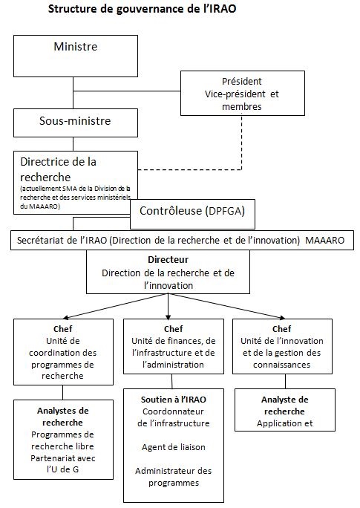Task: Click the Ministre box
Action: (76, 56)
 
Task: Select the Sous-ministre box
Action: (76, 123)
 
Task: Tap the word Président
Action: (242, 81)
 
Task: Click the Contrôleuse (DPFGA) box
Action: (192, 214)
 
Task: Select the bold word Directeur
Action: (168, 259)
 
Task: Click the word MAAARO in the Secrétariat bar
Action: (324, 241)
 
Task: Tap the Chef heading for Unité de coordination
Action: (63, 329)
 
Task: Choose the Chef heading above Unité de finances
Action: (173, 329)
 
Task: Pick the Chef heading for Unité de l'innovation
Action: (281, 329)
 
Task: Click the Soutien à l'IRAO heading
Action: (173, 400)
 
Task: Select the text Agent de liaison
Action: (173, 447)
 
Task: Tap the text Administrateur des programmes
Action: (173, 477)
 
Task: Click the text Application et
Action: (284, 423)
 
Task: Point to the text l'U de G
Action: (63, 469)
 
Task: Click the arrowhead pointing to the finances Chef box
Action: (168, 317)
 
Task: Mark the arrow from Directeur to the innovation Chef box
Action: (226, 306)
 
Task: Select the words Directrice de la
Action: (59, 162)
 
